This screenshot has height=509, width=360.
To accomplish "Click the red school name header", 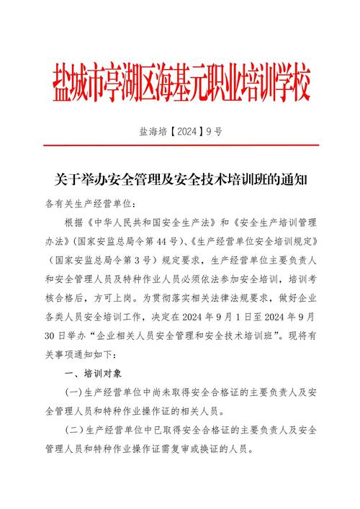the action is point(181,84).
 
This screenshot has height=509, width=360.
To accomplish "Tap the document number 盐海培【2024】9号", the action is point(181,132).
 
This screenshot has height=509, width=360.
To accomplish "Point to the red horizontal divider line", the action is point(181,145).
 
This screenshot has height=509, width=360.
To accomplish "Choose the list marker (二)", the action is point(73,430).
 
